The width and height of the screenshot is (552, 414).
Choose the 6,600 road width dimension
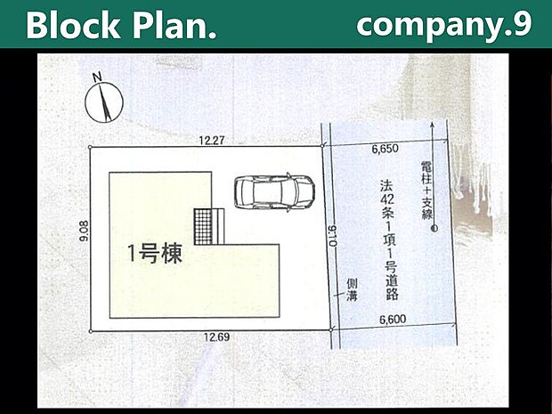click(x=394, y=317)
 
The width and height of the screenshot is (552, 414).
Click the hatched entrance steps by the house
click(x=207, y=222)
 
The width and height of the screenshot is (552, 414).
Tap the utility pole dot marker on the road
click(x=434, y=230)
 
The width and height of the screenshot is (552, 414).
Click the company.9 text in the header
click(x=442, y=24)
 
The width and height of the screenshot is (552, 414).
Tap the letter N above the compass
click(x=97, y=77)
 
